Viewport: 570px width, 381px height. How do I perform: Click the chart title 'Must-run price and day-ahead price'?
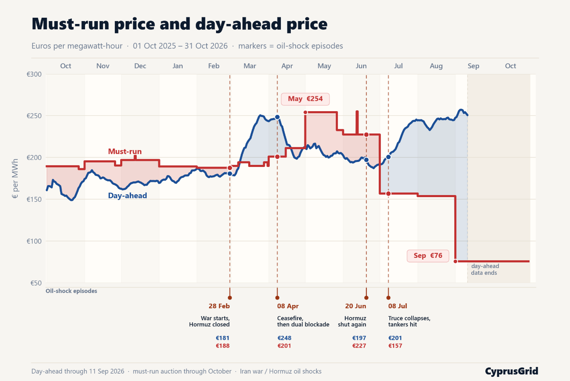pyautogui.click(x=179, y=24)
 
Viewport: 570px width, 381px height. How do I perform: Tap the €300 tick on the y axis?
pyautogui.click(x=34, y=74)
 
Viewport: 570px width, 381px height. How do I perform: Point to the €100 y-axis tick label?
pyautogui.click(x=34, y=241)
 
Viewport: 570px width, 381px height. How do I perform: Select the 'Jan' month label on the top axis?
pyautogui.click(x=178, y=66)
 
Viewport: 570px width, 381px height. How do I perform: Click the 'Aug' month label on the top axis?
pyautogui.click(x=436, y=66)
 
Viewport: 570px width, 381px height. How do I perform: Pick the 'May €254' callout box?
pyautogui.click(x=305, y=99)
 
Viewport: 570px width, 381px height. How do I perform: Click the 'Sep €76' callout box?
pyautogui.click(x=428, y=256)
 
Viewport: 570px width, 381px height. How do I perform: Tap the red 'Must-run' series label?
pyautogui.click(x=125, y=151)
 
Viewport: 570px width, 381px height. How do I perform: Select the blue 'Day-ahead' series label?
pyautogui.click(x=127, y=195)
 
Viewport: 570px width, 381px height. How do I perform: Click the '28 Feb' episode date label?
pyautogui.click(x=219, y=306)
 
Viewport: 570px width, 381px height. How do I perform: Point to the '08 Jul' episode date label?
pyautogui.click(x=398, y=306)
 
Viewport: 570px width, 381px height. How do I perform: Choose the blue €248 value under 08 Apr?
pyautogui.click(x=284, y=338)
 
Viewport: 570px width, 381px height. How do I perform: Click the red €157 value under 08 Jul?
pyautogui.click(x=395, y=346)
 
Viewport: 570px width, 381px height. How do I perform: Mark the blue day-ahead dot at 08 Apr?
pyautogui.click(x=277, y=117)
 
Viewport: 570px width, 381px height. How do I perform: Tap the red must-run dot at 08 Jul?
pyautogui.click(x=388, y=193)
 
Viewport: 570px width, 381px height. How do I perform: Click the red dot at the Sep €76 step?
pyautogui.click(x=456, y=261)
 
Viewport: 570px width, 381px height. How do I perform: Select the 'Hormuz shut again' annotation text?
pyautogui.click(x=352, y=321)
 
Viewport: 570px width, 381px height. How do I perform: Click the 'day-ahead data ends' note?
pyautogui.click(x=485, y=269)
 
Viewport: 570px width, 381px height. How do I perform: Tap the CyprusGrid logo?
pyautogui.click(x=511, y=371)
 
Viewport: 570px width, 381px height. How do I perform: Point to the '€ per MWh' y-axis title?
pyautogui.click(x=15, y=179)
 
